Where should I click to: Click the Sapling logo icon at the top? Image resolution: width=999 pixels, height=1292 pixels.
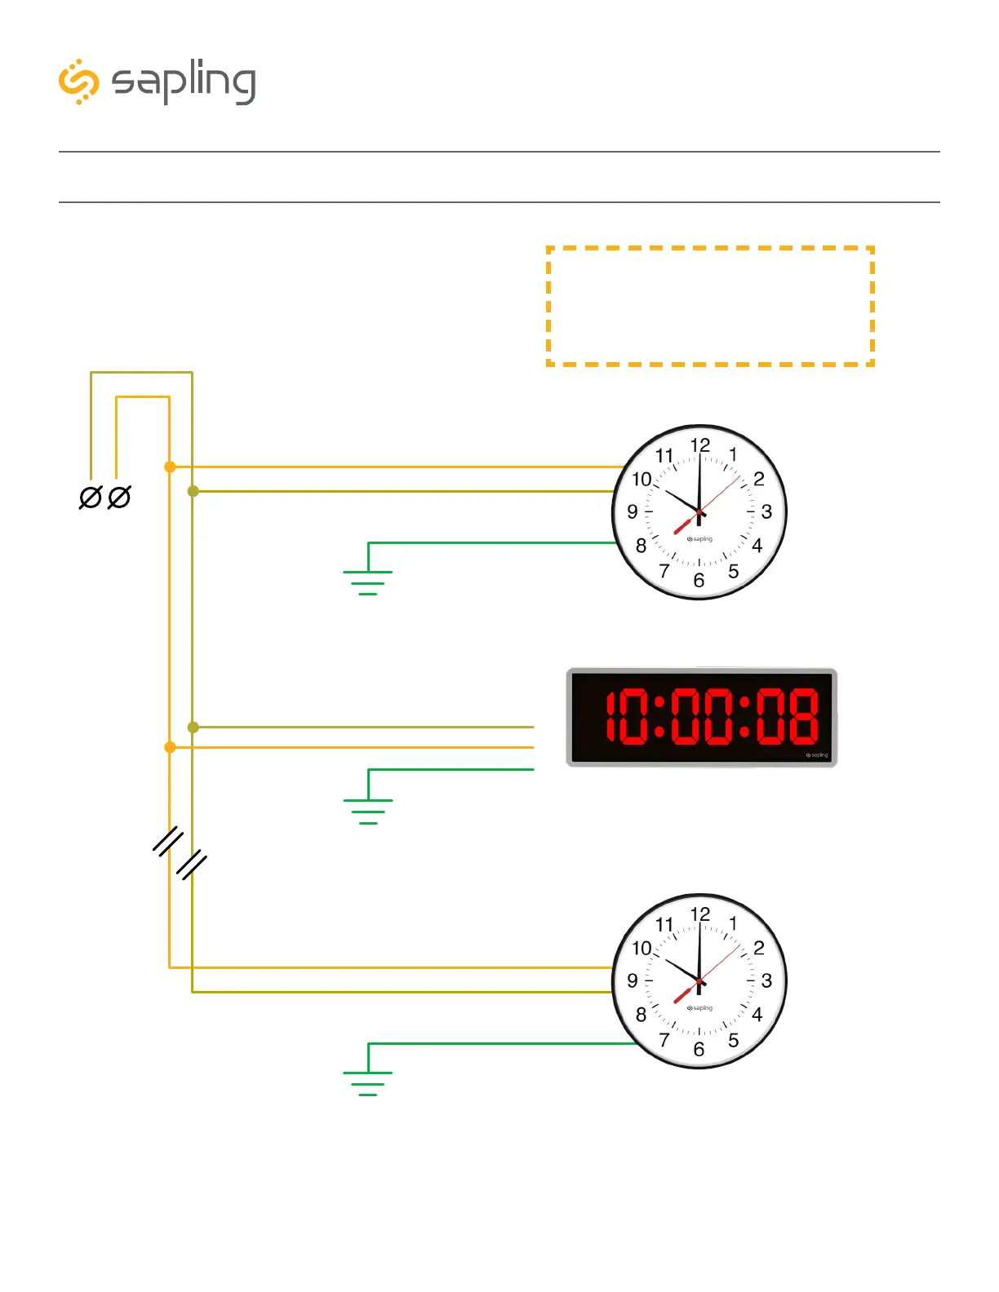[x=79, y=82]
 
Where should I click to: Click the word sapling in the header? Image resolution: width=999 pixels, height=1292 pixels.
[x=184, y=82]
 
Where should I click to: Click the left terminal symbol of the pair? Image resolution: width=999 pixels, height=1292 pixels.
[x=90, y=498]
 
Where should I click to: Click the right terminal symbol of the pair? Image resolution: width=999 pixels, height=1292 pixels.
[x=119, y=498]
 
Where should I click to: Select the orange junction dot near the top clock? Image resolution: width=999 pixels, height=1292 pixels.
[x=170, y=467]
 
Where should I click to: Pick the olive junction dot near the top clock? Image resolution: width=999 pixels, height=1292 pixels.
[x=193, y=491]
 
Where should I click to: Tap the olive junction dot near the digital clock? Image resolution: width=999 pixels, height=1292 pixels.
[x=193, y=727]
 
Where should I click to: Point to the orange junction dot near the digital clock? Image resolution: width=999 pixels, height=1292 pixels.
[x=170, y=747]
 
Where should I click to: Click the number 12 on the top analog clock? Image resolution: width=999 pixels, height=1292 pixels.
[x=700, y=445]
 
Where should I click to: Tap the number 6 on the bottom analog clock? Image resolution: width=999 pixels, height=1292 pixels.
[x=699, y=1050]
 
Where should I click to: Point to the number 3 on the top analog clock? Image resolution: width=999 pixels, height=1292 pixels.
[x=766, y=511]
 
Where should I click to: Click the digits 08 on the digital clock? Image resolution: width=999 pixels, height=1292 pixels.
[x=787, y=717]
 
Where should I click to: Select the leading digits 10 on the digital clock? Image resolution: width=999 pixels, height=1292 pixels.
[x=627, y=717]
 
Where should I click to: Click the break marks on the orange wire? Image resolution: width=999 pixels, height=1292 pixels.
[x=168, y=841]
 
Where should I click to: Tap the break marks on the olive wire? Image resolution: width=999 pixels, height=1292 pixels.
[x=193, y=865]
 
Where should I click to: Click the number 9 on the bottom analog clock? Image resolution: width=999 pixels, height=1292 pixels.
[x=633, y=980]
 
